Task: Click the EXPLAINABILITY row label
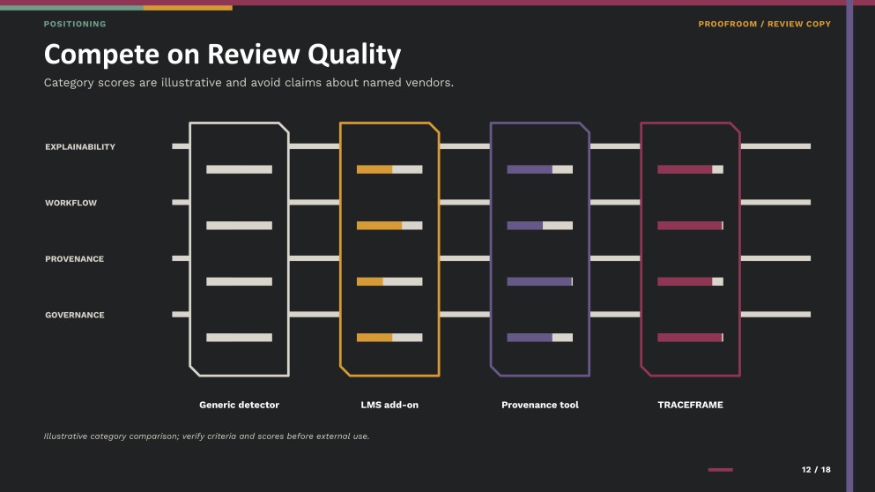point(80,147)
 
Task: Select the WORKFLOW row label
point(70,203)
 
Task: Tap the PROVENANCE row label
point(74,259)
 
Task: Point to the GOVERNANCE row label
point(75,315)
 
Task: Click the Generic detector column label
point(240,405)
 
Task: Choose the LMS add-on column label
point(389,405)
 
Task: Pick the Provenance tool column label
point(540,405)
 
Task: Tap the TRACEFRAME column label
point(690,405)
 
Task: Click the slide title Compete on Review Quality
point(222,54)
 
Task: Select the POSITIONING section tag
point(75,24)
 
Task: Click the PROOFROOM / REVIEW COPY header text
point(765,24)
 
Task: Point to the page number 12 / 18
point(816,470)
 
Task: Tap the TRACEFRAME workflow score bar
point(690,226)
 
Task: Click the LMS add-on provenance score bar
point(389,281)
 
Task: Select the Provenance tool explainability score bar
point(539,169)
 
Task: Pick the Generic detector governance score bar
point(240,338)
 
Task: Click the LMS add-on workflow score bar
point(389,226)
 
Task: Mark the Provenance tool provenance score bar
point(539,281)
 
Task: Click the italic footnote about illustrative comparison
point(206,436)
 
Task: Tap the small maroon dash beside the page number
point(721,470)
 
